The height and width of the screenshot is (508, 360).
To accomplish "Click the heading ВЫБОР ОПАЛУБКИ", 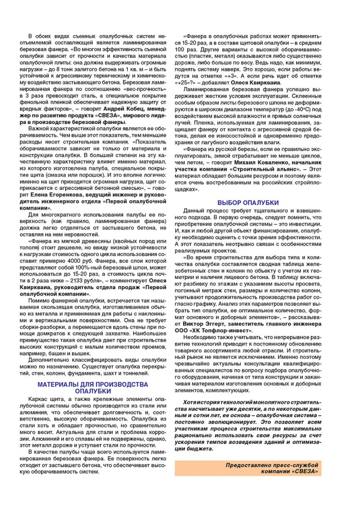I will (248, 202).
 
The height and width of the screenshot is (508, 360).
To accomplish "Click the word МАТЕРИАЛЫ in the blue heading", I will (62, 371).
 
